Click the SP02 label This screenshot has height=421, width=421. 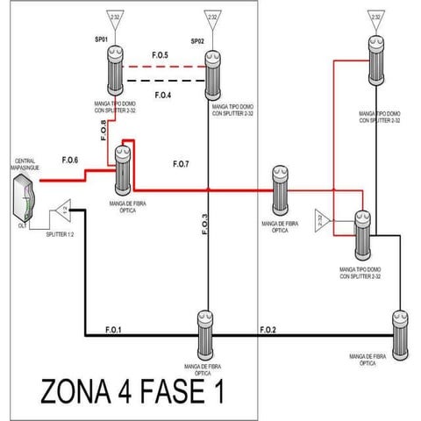pos(197,42)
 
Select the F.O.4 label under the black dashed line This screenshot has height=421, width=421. pos(162,94)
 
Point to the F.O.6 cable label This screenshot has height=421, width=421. pos(70,160)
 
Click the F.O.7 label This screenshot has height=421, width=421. pos(181,164)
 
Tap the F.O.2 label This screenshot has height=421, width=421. pos(268,329)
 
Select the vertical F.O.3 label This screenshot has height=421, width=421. pos(204,226)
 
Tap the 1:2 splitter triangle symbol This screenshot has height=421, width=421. pos(62,210)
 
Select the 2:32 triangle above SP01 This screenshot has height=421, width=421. pos(115,18)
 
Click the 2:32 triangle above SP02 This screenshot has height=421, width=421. pos(210,18)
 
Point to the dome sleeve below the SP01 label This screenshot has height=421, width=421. pos(115,70)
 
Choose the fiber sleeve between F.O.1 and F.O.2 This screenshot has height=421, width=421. pos(204,330)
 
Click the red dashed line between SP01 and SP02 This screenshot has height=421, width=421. pos(163,66)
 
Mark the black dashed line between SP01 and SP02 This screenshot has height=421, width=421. pos(163,81)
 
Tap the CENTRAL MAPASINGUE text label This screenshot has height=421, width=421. pos(24,164)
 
